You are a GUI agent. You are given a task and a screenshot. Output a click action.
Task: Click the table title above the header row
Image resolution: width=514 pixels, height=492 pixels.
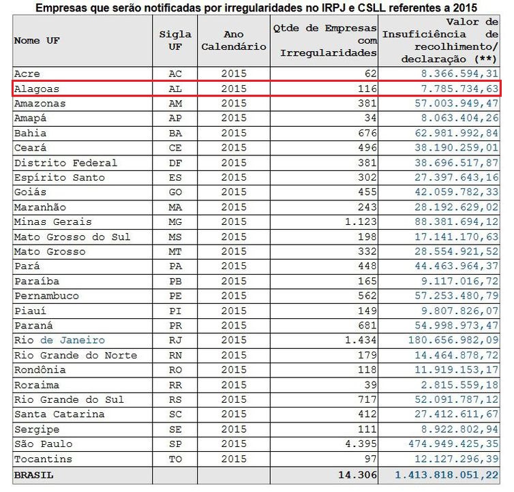click(256, 7)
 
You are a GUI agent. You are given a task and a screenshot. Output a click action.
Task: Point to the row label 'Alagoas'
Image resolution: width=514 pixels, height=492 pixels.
click(37, 89)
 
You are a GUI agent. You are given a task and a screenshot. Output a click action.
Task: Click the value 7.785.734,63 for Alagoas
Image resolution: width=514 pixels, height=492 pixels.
click(460, 89)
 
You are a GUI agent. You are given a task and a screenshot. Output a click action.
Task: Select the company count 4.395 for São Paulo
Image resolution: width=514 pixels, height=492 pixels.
click(359, 444)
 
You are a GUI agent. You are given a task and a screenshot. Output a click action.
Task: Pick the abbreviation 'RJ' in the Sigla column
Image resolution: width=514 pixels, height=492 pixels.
click(175, 340)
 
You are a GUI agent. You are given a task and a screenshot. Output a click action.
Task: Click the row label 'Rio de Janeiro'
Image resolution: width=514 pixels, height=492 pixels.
click(59, 340)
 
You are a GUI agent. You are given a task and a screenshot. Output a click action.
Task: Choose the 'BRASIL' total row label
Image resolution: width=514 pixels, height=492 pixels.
click(33, 474)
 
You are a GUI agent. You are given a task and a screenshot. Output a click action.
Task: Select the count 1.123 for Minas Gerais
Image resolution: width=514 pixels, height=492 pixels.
click(359, 221)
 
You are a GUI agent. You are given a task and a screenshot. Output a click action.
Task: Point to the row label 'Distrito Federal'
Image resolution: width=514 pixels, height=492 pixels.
click(65, 163)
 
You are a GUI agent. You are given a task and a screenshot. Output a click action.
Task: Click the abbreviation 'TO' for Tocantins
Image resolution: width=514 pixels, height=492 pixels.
click(175, 459)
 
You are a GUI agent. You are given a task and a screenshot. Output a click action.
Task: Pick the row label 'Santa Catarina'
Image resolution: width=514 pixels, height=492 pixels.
click(59, 414)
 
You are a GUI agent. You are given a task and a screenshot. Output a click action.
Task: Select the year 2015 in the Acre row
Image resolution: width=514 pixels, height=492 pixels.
click(233, 74)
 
